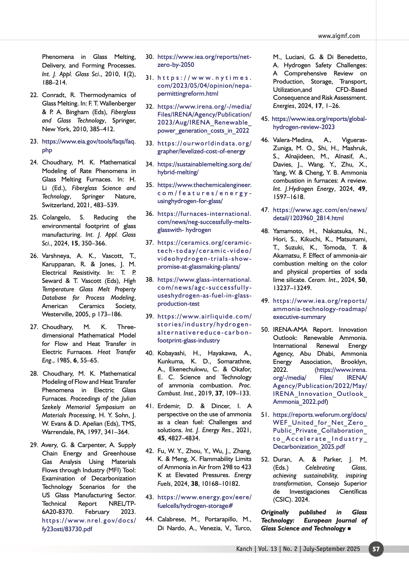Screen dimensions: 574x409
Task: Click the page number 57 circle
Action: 376,549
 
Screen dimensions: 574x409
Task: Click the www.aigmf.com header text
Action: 339,36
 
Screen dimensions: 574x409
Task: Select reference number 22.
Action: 34,95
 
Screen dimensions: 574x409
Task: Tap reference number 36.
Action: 149,214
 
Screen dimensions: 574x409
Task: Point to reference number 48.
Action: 265,231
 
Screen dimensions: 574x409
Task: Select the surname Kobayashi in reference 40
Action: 171,353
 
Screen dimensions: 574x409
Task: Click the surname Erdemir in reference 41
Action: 169,406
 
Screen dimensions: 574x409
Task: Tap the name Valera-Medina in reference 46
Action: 293,140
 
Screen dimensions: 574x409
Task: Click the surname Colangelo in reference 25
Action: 56,217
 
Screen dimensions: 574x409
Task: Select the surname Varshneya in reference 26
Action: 56,256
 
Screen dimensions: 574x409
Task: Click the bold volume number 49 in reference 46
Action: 362,189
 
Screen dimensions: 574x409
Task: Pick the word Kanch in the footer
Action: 244,549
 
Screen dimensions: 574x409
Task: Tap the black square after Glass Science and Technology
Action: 349,529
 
